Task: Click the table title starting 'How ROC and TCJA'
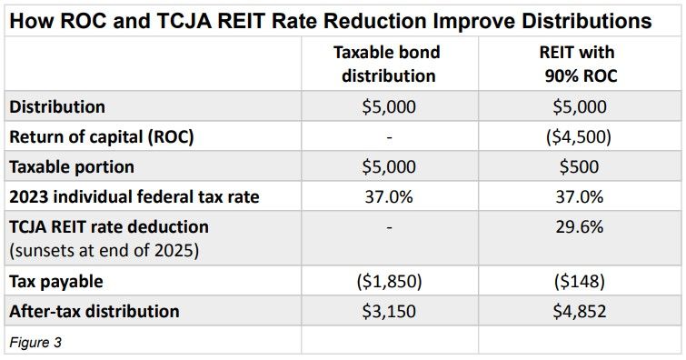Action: coord(329,19)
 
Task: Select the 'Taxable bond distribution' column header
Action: coord(389,64)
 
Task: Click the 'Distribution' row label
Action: coord(57,106)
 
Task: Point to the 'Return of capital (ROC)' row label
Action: coord(101,137)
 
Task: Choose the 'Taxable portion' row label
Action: coord(72,167)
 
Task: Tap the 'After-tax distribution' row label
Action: coord(94,311)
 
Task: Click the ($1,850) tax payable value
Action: coord(389,281)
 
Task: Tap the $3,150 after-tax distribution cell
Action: coord(389,311)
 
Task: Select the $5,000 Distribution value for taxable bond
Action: coord(389,106)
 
